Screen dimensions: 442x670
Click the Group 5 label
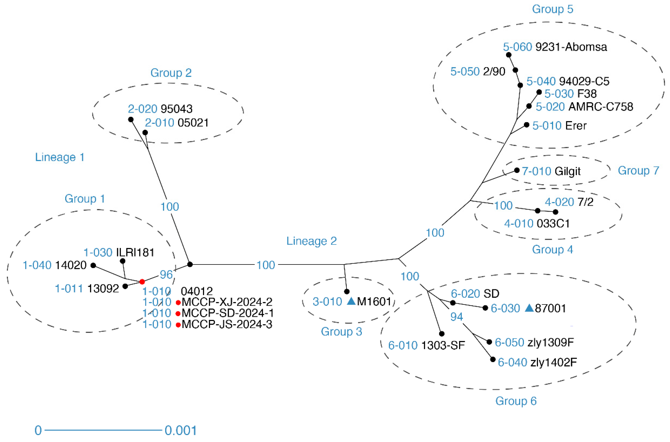pos(552,9)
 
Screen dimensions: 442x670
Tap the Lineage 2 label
pos(311,241)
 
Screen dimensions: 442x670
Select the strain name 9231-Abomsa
pos(571,47)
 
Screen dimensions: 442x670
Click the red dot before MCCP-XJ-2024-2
pos(178,303)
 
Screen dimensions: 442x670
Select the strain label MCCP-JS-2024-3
pos(227,324)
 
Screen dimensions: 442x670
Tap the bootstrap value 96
pos(166,274)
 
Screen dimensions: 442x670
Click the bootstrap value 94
pos(457,317)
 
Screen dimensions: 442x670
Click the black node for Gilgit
pos(517,170)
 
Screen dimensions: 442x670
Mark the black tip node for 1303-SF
pos(442,334)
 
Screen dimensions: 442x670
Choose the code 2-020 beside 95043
pos(143,109)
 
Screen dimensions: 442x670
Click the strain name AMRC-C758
pos(601,107)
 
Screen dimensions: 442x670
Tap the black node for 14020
pos(93,265)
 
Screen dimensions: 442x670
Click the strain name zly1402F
pos(553,362)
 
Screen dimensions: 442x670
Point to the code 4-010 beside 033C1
pos(519,224)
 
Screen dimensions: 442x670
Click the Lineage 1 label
pos(59,157)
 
